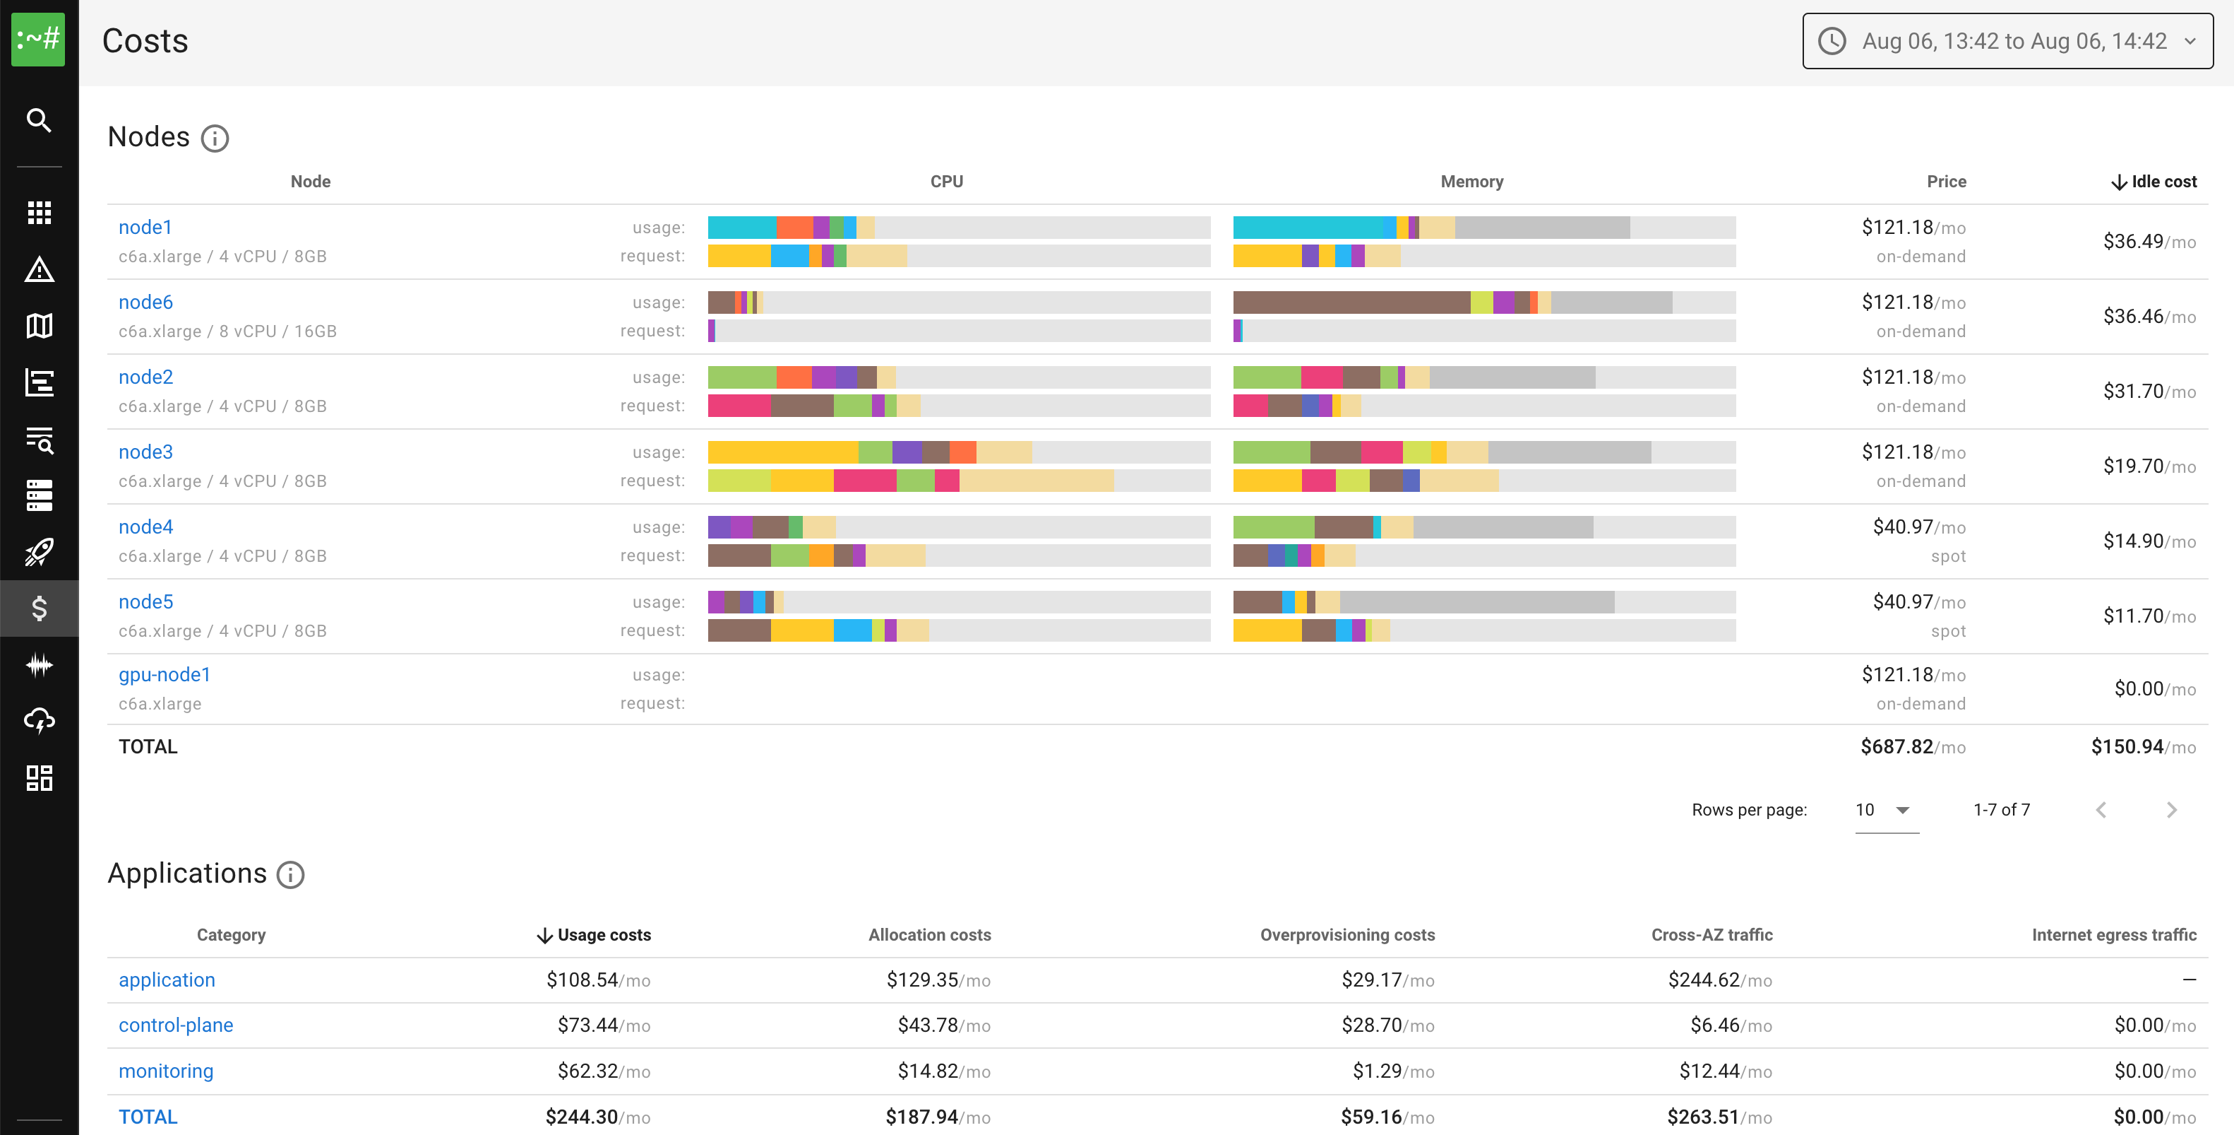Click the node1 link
145,228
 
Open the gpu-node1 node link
164,675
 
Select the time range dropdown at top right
2007,41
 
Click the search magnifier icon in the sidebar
39,119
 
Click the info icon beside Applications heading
290,875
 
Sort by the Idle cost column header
2154,182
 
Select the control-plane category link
175,1025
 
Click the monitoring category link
166,1071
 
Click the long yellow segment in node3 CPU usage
782,452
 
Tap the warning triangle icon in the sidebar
39,270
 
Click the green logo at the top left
38,39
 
